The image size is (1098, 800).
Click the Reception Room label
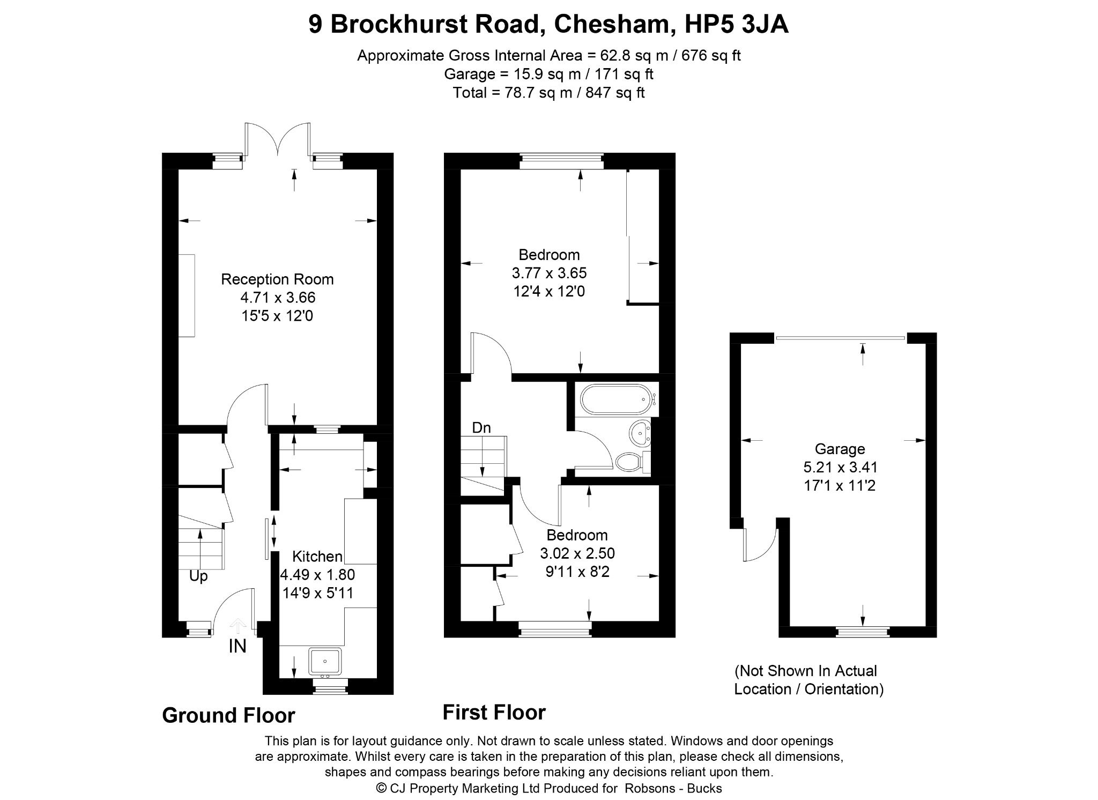[x=277, y=279]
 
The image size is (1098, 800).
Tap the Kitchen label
[x=317, y=557]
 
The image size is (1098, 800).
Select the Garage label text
[x=840, y=449]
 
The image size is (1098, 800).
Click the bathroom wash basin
[x=640, y=433]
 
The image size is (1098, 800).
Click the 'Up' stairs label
[x=198, y=577]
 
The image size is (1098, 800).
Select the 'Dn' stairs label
[x=481, y=427]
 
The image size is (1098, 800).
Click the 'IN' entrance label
[x=238, y=647]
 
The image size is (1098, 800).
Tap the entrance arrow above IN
[x=238, y=626]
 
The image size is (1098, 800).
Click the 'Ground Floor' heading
[x=228, y=716]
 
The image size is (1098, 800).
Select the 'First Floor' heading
[x=494, y=713]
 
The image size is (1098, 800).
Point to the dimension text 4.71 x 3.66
[x=278, y=298]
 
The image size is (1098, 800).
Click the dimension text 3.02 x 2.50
[x=577, y=553]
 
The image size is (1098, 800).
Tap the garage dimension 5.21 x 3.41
[x=840, y=468]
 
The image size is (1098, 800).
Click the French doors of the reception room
[x=278, y=141]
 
